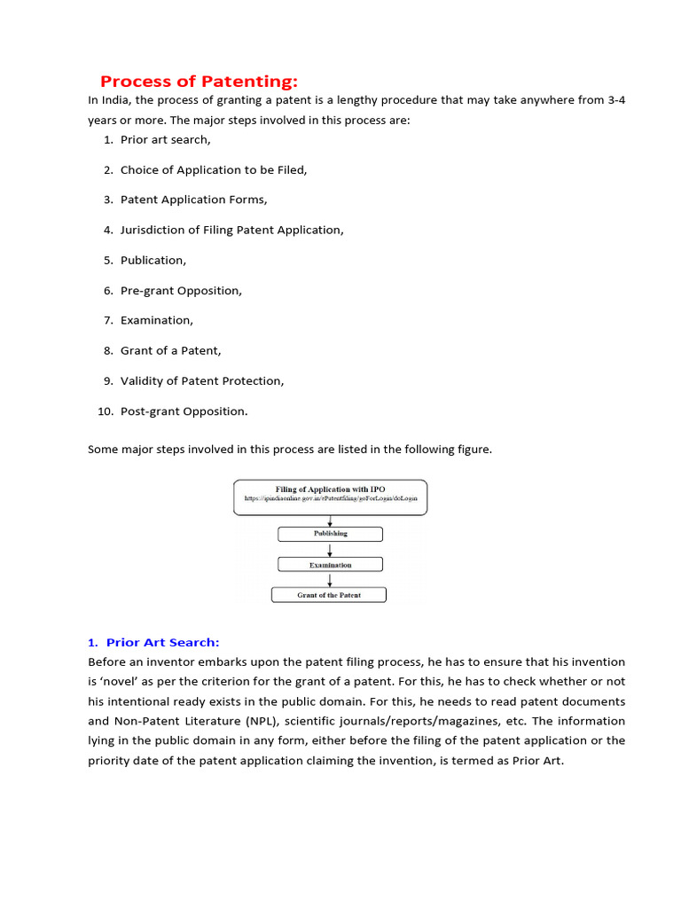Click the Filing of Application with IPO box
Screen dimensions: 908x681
pos(330,497)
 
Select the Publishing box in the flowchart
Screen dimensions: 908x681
pos(330,534)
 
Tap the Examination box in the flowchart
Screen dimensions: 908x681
pos(330,564)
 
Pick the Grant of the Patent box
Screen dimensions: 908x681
pos(329,595)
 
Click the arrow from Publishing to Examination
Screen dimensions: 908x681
pos(330,549)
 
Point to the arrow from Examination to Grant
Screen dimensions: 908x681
pos(330,579)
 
